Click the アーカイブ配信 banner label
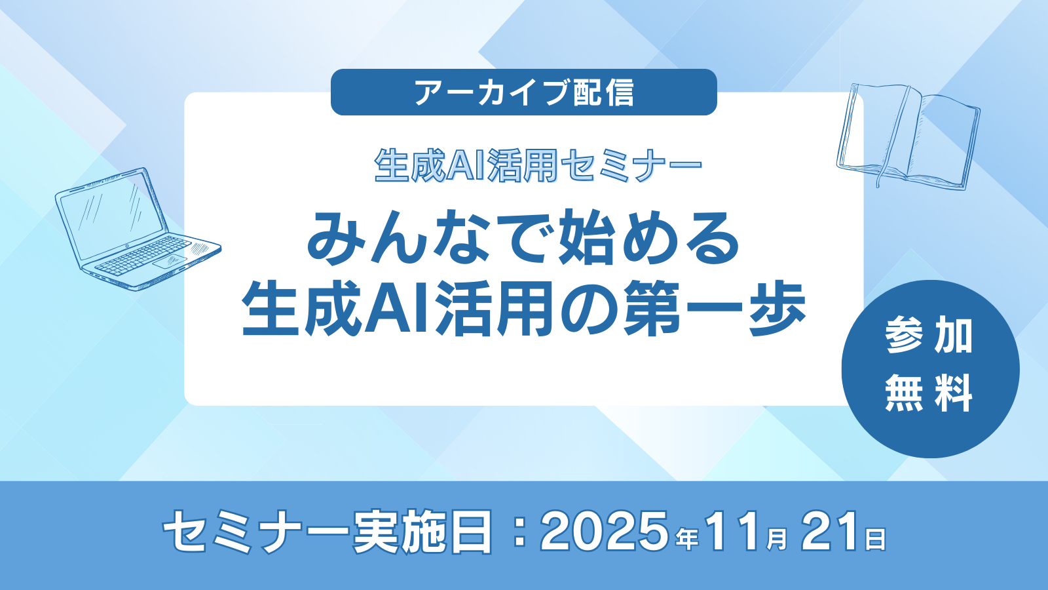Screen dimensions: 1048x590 pyautogui.click(x=524, y=92)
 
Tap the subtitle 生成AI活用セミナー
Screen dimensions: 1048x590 pyautogui.click(x=538, y=166)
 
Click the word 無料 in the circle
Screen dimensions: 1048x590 pyautogui.click(x=929, y=394)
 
